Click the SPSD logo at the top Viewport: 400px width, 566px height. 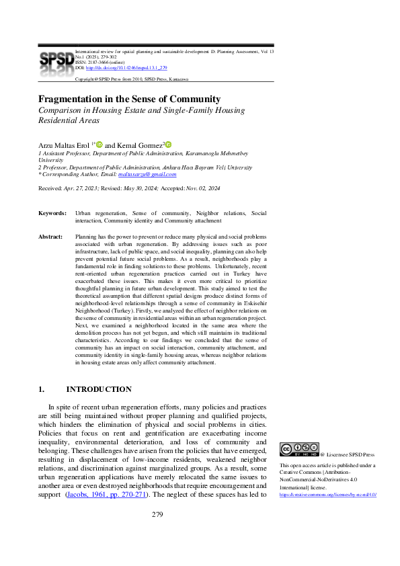56,60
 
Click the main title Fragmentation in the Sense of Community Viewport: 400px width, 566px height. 129,98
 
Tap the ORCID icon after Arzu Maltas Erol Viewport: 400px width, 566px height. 99,144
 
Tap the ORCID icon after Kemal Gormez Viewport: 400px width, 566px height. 168,144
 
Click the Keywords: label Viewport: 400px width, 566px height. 52,212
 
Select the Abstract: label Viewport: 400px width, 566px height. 51,237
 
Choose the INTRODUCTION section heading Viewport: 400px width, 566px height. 98,389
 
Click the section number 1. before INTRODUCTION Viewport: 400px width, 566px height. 41,389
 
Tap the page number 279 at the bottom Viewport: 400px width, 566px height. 157,533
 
